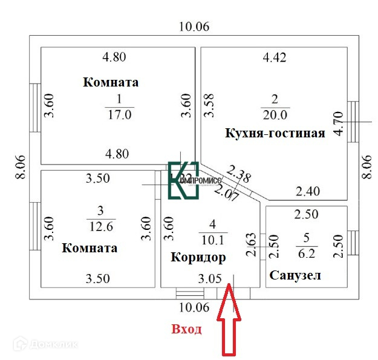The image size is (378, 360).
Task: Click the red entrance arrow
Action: [230, 324]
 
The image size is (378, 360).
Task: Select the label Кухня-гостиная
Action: [275, 133]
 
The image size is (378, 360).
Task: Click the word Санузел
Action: [294, 275]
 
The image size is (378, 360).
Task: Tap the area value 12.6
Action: [100, 227]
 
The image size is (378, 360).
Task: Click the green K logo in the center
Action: [183, 180]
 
